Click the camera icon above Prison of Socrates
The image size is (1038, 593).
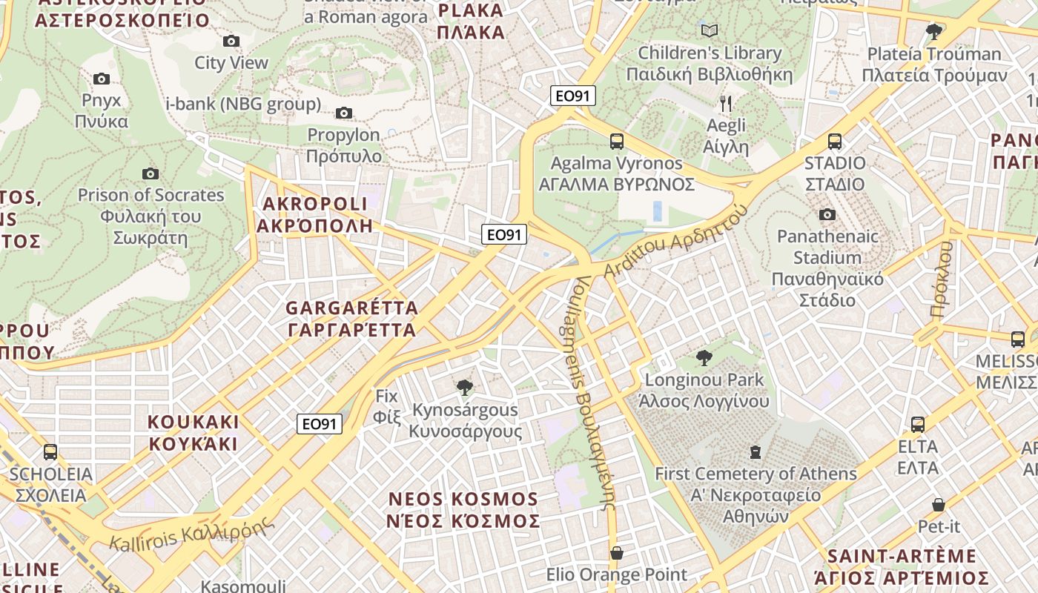pyautogui.click(x=151, y=174)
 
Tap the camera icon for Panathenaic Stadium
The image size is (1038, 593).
pyautogui.click(x=827, y=215)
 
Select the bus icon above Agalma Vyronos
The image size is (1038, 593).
pyautogui.click(x=616, y=142)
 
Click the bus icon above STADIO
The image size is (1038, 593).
pyautogui.click(x=835, y=142)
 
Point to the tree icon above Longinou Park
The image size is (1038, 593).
pyautogui.click(x=704, y=359)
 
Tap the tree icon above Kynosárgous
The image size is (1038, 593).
pyautogui.click(x=465, y=387)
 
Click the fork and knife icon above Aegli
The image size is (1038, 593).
pyautogui.click(x=726, y=104)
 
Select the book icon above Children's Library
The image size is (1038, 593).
pyautogui.click(x=710, y=31)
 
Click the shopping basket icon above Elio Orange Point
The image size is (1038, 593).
pyautogui.click(x=616, y=554)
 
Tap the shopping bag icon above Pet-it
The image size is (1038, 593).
pyautogui.click(x=939, y=506)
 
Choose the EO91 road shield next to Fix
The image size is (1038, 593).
pyautogui.click(x=320, y=424)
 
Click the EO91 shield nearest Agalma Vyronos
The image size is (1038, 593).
pyautogui.click(x=572, y=96)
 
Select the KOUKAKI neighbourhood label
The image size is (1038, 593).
pyautogui.click(x=194, y=433)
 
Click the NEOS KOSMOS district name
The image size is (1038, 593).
pyautogui.click(x=463, y=510)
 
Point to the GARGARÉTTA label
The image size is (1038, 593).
pyautogui.click(x=352, y=319)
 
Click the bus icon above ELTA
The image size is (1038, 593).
pyautogui.click(x=918, y=425)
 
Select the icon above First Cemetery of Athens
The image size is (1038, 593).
pyautogui.click(x=756, y=451)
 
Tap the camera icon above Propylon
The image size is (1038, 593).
pyautogui.click(x=344, y=113)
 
